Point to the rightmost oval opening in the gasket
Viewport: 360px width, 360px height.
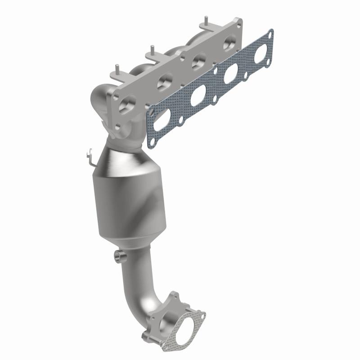[261, 54]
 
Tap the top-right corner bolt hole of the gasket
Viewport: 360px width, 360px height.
[270, 33]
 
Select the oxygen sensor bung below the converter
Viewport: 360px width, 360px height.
[120, 256]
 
